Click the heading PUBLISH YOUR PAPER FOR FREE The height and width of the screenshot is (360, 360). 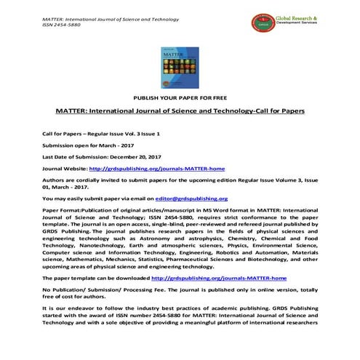pyautogui.click(x=180, y=97)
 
